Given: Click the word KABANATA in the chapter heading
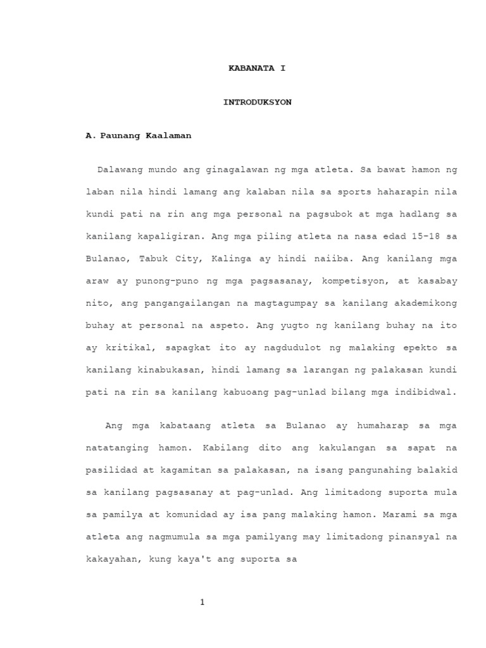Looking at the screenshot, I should pyautogui.click(x=247, y=67).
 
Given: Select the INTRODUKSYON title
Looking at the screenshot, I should pyautogui.click(x=257, y=102).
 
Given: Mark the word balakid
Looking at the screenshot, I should pyautogui.click(x=439, y=470).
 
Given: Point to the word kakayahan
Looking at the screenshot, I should pyautogui.click(x=110, y=559).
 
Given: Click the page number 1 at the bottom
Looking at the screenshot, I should pyautogui.click(x=202, y=602).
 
